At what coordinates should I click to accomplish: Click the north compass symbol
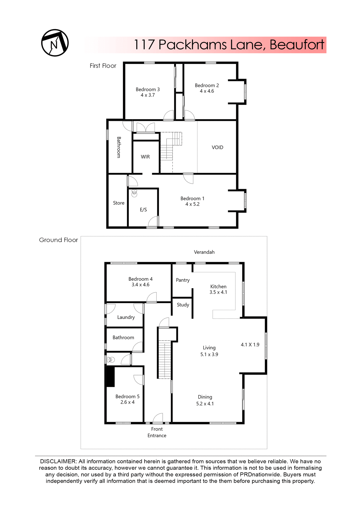click(x=55, y=43)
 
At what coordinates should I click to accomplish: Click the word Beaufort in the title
click(x=297, y=45)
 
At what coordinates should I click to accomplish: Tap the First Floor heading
click(x=103, y=66)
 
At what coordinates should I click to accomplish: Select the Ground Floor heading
click(x=58, y=240)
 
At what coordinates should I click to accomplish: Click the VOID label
click(x=217, y=147)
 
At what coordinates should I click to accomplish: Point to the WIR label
click(x=145, y=157)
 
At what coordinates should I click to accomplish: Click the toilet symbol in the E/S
click(x=134, y=193)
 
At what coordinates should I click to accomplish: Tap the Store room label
click(x=118, y=203)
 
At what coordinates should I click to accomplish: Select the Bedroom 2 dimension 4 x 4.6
click(x=207, y=91)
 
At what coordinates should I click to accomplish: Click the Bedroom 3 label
click(x=148, y=89)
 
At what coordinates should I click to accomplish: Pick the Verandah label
click(x=204, y=252)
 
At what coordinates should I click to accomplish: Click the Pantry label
click(x=183, y=280)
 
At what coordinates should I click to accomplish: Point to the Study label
click(x=183, y=305)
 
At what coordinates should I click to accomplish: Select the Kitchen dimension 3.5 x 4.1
click(x=218, y=292)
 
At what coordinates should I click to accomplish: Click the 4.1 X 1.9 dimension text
click(x=250, y=345)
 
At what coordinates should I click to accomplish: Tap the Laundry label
click(x=126, y=317)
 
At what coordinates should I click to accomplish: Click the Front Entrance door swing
click(x=158, y=418)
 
